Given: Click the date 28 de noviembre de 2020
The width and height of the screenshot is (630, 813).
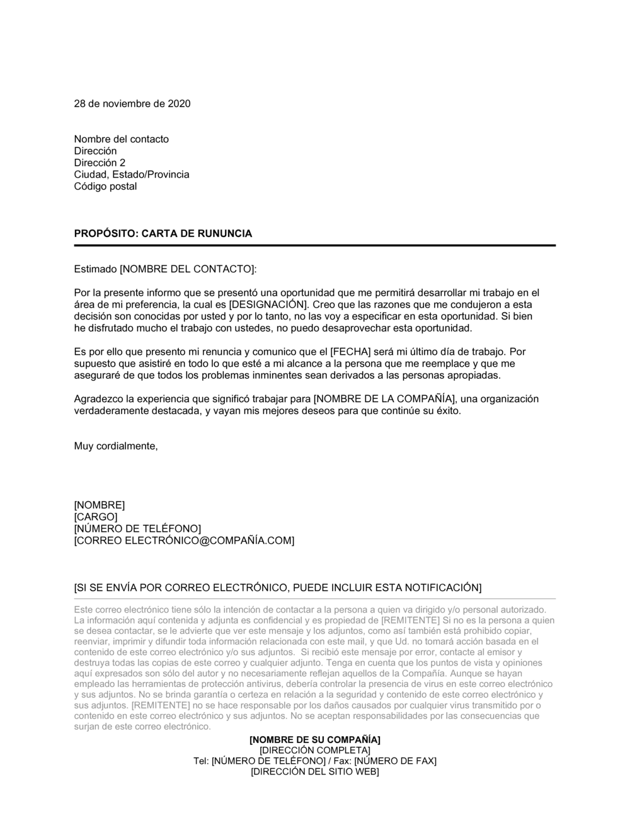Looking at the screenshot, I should click(x=132, y=103).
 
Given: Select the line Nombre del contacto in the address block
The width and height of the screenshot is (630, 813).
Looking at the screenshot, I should click(x=122, y=139).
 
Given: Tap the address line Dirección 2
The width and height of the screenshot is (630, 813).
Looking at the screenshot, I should click(x=100, y=163).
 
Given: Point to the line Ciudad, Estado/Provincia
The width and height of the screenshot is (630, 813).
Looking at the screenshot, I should click(x=132, y=175).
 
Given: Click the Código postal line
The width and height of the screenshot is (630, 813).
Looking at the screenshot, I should click(x=105, y=187).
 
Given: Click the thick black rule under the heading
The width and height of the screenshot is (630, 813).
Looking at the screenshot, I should click(x=315, y=245).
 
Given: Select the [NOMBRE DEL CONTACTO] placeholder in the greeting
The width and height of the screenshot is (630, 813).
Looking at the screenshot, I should click(x=188, y=269).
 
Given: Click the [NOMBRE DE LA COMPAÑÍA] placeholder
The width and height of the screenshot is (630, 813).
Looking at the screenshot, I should click(x=384, y=399).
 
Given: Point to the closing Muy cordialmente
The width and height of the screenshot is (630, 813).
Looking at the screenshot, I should click(x=116, y=446).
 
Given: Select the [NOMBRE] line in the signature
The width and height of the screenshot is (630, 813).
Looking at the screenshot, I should click(x=100, y=505).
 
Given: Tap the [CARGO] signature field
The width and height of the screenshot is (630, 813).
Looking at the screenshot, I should click(x=96, y=517).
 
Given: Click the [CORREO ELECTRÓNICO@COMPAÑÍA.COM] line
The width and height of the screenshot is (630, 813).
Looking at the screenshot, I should click(x=184, y=541).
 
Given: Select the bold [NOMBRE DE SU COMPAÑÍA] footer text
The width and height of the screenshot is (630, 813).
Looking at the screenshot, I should click(x=315, y=739).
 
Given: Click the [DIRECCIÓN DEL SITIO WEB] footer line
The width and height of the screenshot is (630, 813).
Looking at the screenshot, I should click(x=315, y=771).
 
